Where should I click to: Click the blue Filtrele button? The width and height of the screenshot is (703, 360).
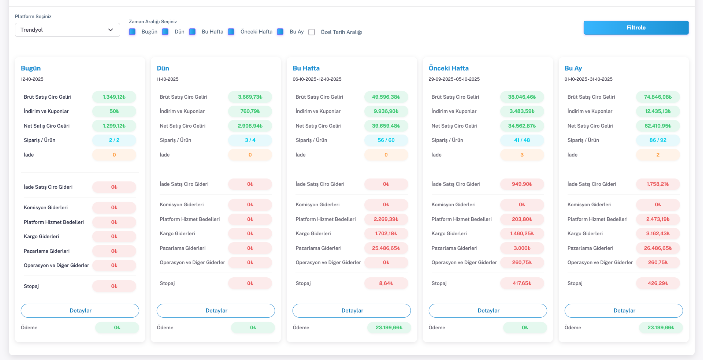point(636,28)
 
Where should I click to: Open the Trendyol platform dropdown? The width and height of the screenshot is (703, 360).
point(66,30)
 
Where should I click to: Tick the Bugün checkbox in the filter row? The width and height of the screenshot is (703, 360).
point(133,32)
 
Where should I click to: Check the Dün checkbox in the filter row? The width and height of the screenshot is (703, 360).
point(164,32)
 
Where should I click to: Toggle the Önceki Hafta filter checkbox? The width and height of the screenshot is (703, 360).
point(231,32)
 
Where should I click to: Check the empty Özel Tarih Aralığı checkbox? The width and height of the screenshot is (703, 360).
point(312,32)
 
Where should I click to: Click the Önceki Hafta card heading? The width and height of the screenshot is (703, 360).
point(449,68)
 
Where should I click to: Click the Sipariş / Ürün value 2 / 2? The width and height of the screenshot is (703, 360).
point(114,141)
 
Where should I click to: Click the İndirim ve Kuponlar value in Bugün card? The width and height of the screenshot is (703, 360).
point(114,111)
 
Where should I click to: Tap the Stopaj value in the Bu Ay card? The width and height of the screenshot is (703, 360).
point(657,284)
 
